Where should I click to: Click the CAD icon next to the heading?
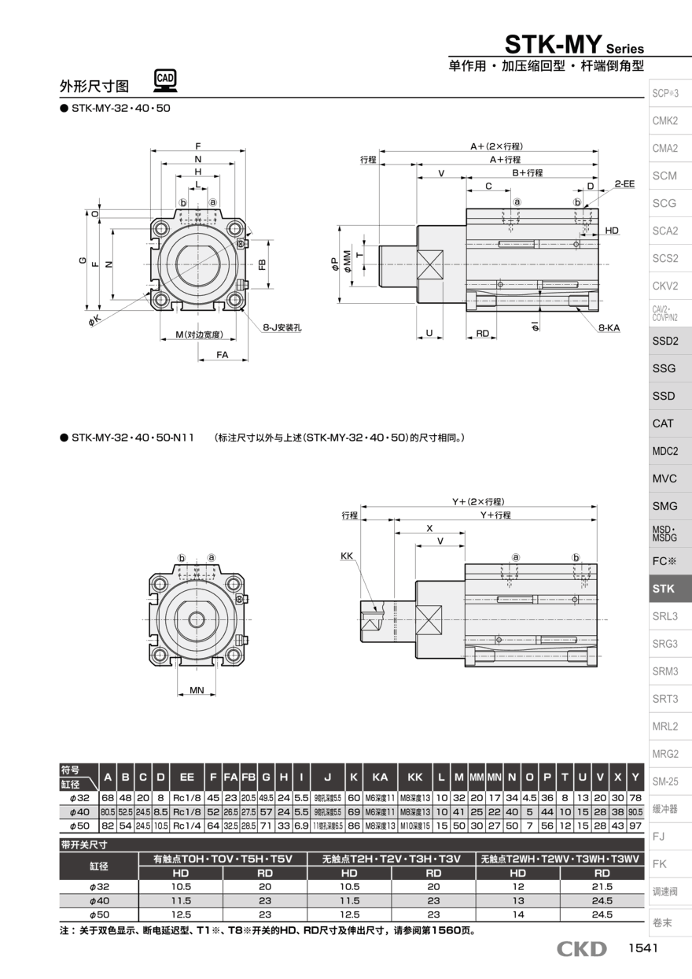[165, 79]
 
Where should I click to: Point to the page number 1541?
[642, 949]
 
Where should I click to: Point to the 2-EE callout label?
[624, 183]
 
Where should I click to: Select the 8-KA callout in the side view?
[608, 327]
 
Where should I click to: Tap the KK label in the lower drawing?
[347, 556]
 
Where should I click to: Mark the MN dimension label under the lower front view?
[197, 690]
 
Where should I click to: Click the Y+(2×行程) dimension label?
[478, 501]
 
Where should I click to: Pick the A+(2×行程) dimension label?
[497, 146]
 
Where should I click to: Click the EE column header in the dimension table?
[187, 777]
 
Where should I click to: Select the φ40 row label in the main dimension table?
[79, 811]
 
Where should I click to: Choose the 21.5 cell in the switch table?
[602, 886]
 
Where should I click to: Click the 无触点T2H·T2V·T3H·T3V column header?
[392, 859]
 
